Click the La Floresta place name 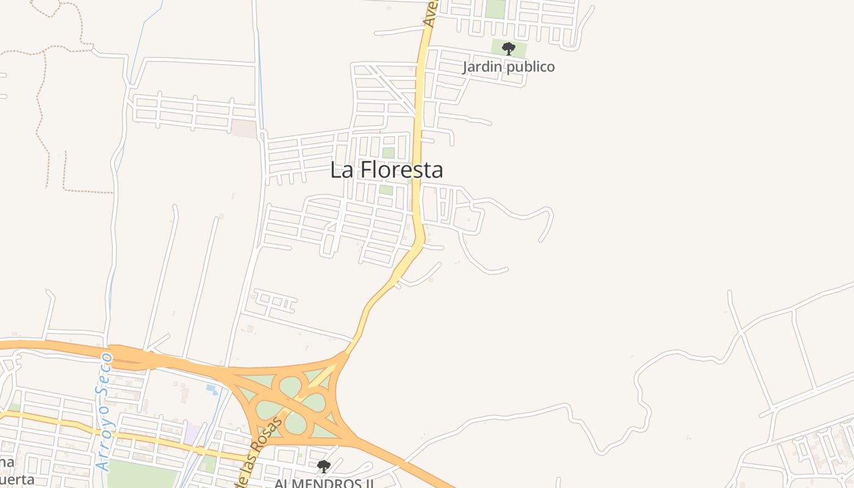[386, 170]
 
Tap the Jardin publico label [508, 66]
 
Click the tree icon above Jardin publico [508, 49]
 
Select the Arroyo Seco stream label [104, 411]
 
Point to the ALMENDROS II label [323, 483]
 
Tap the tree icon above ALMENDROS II [323, 467]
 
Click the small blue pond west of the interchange [212, 387]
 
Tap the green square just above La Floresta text [388, 152]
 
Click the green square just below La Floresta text [386, 190]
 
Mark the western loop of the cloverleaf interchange [269, 409]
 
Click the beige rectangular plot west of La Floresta [243, 127]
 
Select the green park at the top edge [495, 9]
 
